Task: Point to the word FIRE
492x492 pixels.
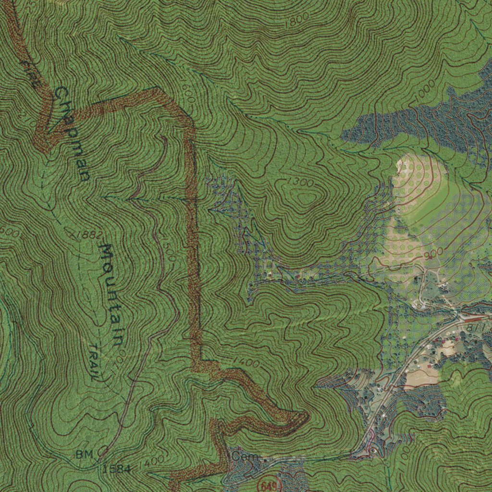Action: pyautogui.click(x=29, y=73)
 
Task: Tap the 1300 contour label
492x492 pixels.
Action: pyautogui.click(x=302, y=183)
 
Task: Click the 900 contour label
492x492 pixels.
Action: pyautogui.click(x=434, y=253)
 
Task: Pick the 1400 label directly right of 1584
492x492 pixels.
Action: pyautogui.click(x=152, y=462)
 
